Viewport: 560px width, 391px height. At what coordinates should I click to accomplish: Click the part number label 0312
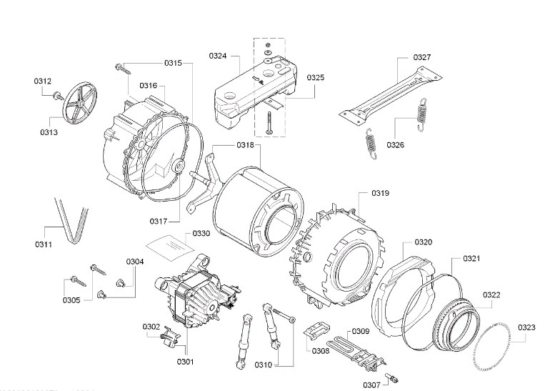click(x=43, y=81)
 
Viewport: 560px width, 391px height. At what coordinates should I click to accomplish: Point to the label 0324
click(x=219, y=55)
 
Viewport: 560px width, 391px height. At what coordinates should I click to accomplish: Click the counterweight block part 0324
click(x=250, y=94)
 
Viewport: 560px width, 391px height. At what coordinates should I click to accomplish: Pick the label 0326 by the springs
click(x=396, y=144)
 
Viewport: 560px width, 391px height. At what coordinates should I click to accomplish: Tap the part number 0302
click(x=151, y=327)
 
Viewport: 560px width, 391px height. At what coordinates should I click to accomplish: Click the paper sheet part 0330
click(x=170, y=247)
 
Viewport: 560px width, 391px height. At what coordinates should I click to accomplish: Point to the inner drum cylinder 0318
click(x=254, y=207)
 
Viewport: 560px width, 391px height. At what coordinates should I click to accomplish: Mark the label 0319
click(x=379, y=193)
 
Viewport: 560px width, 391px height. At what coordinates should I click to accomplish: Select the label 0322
click(x=491, y=295)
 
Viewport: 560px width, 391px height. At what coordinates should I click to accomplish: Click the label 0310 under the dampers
click(x=263, y=366)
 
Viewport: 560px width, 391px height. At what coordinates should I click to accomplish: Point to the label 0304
click(x=136, y=262)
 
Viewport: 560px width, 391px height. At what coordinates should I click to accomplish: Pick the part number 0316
click(x=149, y=86)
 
